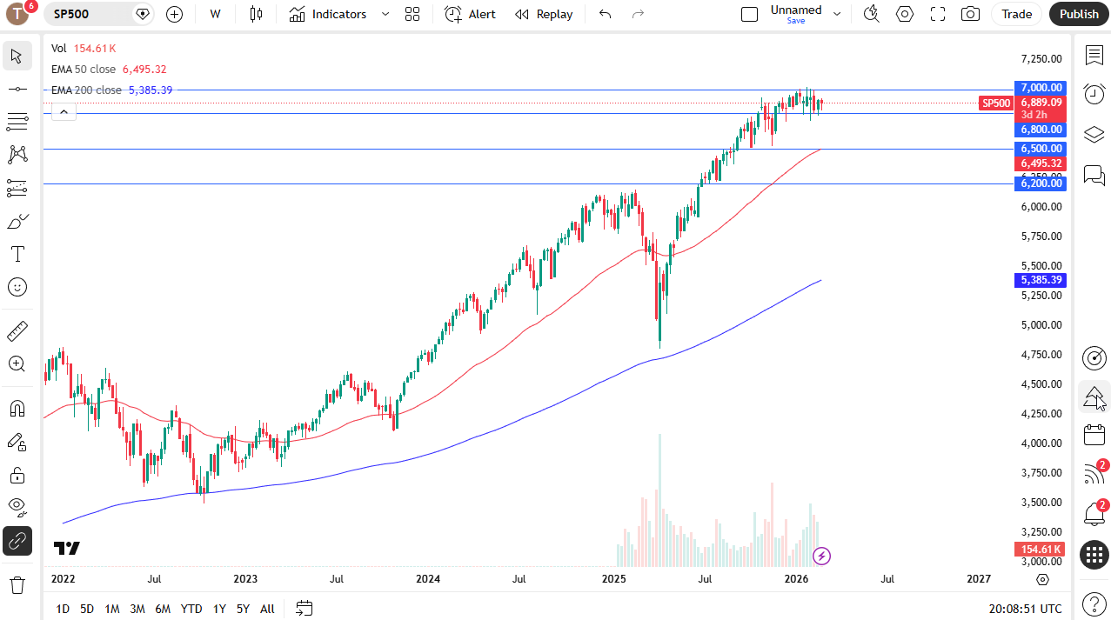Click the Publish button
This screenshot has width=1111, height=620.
(x=1079, y=14)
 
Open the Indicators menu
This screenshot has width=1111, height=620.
(x=329, y=14)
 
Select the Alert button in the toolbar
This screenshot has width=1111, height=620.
(x=471, y=14)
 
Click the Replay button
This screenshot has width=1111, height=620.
(x=544, y=14)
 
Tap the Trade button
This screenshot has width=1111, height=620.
(x=1016, y=14)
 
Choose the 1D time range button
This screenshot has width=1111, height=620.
(x=63, y=609)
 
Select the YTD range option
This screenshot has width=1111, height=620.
(x=191, y=609)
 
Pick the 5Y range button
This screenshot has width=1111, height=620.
(x=243, y=609)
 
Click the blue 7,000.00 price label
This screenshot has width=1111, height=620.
(x=1041, y=88)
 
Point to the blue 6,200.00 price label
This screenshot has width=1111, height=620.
(x=1041, y=183)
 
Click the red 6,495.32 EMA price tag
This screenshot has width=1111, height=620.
(x=1041, y=163)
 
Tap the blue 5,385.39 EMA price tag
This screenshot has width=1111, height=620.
(x=1041, y=280)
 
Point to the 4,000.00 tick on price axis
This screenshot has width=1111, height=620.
(x=1041, y=443)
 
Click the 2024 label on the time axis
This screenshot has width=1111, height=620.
(x=427, y=579)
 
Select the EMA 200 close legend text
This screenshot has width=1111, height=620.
(x=86, y=90)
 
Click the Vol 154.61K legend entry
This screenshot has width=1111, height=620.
(x=84, y=49)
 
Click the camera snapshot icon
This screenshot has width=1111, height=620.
(x=970, y=14)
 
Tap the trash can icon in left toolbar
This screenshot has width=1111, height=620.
(x=17, y=584)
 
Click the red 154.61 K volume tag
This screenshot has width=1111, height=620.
(x=1041, y=550)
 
